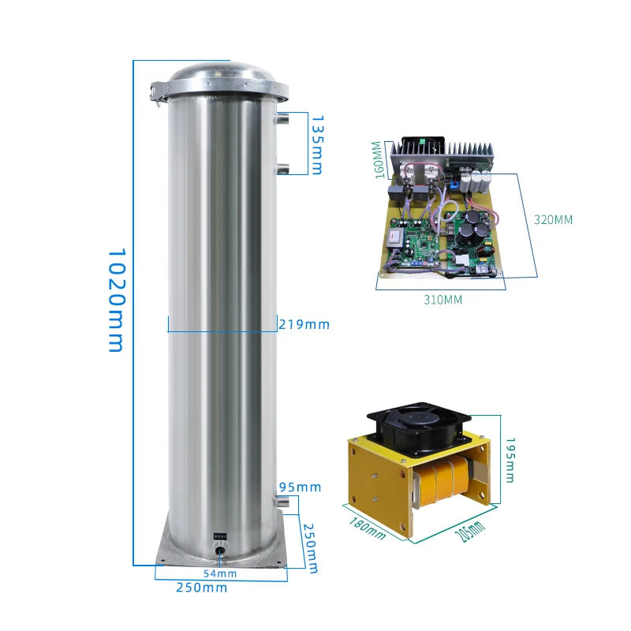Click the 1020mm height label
click(116, 301)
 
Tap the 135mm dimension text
click(316, 145)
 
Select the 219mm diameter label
click(304, 324)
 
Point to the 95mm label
click(300, 487)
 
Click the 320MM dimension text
click(553, 220)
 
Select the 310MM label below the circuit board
click(442, 300)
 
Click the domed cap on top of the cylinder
click(223, 75)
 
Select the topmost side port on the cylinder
click(283, 119)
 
